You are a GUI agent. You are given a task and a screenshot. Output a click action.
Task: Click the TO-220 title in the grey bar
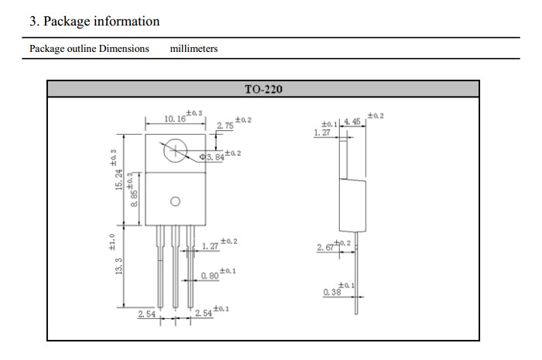pos(263,89)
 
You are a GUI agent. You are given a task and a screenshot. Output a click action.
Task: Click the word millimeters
pos(194,48)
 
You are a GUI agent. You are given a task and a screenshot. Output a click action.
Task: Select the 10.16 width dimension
pos(175,119)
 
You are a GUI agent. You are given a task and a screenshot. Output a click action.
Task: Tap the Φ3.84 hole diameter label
pos(212,157)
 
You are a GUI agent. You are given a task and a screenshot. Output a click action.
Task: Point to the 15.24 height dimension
pos(118,180)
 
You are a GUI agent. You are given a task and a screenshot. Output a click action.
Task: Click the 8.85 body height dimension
pos(134,198)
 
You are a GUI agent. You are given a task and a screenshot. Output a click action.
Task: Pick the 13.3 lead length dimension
pos(118,266)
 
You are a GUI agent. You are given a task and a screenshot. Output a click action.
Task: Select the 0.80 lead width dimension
pos(210,276)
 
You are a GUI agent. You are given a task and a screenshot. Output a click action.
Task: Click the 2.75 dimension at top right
pos(225,125)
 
